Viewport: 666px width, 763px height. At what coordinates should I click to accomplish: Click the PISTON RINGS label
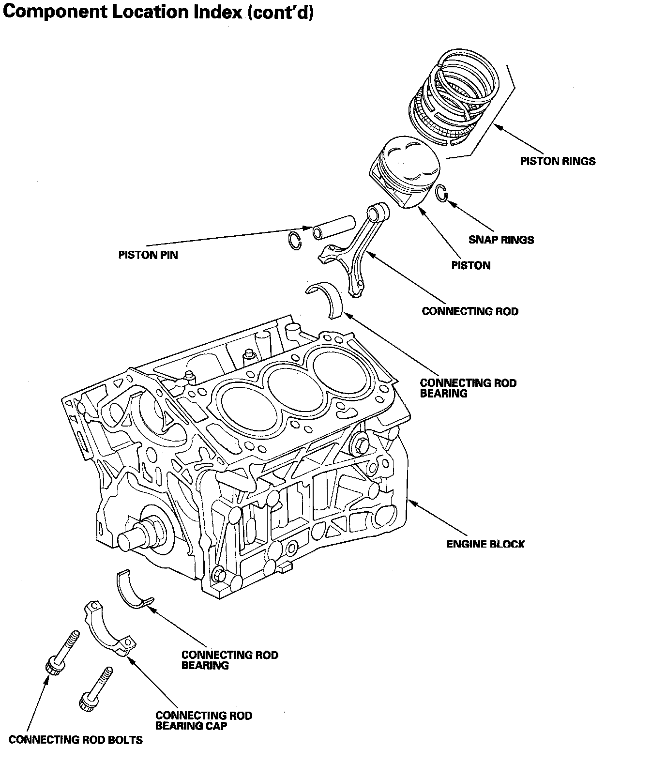(558, 161)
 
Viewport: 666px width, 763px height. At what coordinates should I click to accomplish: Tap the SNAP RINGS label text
(501, 240)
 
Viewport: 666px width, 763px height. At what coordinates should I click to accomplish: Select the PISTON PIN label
(148, 255)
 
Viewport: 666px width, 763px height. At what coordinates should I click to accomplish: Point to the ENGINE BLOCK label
(485, 544)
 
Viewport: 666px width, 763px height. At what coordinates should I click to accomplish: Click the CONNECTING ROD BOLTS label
(76, 740)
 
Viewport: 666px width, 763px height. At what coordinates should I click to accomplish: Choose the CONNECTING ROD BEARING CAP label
(204, 720)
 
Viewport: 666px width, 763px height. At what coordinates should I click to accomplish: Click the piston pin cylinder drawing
(333, 227)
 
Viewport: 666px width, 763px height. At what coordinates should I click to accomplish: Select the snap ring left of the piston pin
(294, 241)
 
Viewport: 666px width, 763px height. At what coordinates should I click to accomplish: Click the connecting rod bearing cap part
(109, 629)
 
